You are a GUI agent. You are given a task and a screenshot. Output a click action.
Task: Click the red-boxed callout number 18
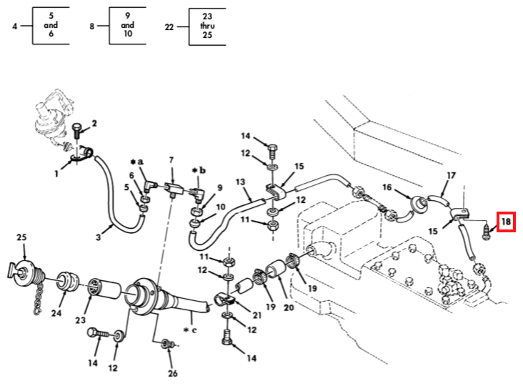click(x=506, y=222)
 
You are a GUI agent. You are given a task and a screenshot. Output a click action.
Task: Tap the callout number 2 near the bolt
click(x=94, y=124)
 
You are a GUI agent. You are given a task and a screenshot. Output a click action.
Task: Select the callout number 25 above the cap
click(x=21, y=237)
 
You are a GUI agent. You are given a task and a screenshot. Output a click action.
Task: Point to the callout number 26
click(x=172, y=373)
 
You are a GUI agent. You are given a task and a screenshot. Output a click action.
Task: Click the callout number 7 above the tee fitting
click(x=171, y=160)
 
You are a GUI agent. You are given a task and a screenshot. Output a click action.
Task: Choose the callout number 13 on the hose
click(x=240, y=182)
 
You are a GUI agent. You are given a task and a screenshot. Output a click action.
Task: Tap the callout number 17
click(x=451, y=175)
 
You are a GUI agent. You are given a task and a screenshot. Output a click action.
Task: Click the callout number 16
click(x=387, y=187)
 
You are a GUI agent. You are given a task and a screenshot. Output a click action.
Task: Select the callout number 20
click(x=289, y=307)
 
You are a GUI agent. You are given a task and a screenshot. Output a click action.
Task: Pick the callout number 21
click(x=256, y=315)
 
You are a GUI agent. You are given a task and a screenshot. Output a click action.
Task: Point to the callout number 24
click(x=56, y=313)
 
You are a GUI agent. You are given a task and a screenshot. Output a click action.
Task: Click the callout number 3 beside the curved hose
click(x=98, y=237)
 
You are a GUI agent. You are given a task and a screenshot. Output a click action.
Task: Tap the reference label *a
click(x=136, y=162)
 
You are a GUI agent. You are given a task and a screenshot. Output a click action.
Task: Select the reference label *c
click(x=190, y=330)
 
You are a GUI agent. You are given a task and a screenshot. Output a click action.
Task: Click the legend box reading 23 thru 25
click(x=207, y=26)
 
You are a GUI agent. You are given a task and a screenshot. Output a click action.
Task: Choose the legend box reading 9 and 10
click(x=127, y=25)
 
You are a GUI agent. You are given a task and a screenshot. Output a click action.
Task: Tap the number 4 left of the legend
click(x=15, y=26)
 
